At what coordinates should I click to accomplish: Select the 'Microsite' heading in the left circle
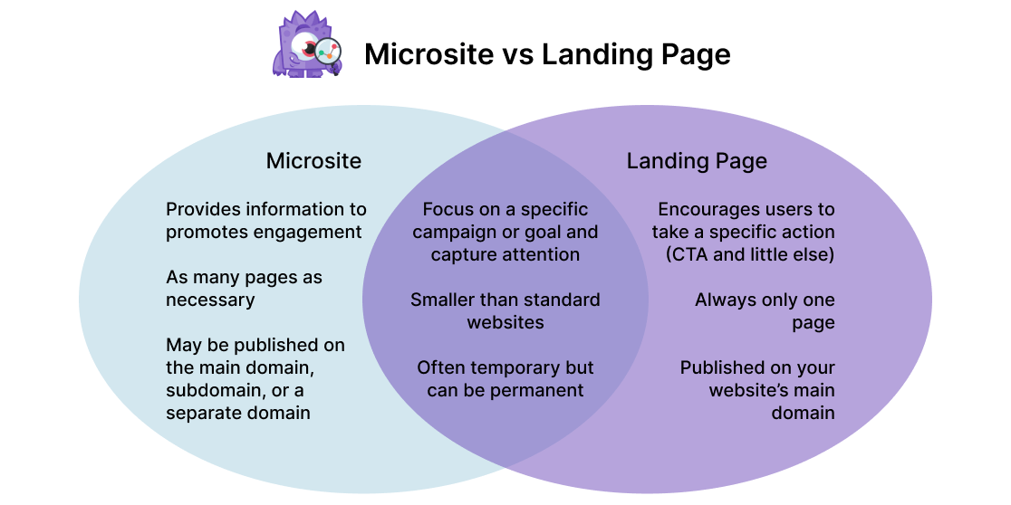point(313,161)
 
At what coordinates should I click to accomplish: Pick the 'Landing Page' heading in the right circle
point(697,161)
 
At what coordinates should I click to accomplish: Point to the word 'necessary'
point(210,300)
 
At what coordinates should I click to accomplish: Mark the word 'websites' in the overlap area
point(505,322)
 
